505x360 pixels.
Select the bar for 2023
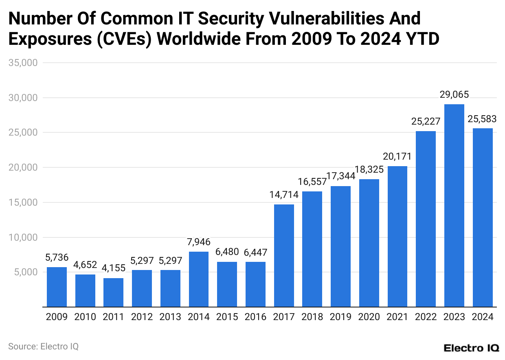[454, 206]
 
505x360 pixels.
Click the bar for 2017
[284, 256]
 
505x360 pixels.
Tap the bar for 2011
[114, 292]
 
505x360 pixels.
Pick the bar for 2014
[199, 279]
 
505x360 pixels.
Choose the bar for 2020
[369, 243]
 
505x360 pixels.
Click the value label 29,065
[454, 95]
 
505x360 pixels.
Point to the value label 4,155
[114, 268]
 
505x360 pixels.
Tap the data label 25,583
[482, 119]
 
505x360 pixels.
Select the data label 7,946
[199, 242]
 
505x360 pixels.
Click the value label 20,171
[397, 156]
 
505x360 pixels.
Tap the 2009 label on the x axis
[57, 317]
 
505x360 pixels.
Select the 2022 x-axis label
[426, 317]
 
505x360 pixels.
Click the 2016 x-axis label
[255, 317]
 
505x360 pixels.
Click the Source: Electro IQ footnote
[43, 347]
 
